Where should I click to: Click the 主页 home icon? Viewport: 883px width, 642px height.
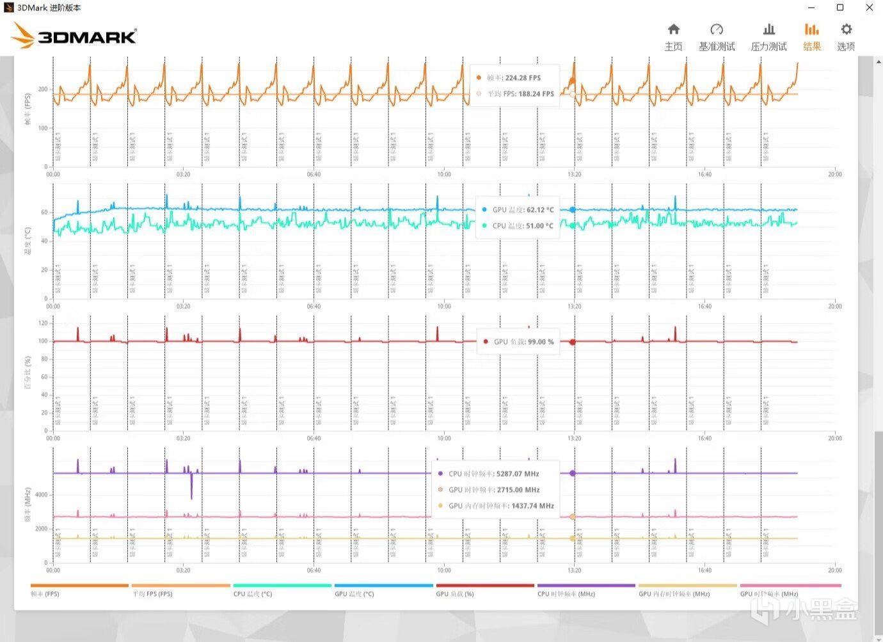673,29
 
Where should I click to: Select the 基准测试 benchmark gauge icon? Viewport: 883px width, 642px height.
717,29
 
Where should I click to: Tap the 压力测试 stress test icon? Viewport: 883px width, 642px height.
768,29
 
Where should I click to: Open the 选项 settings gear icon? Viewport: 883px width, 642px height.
846,29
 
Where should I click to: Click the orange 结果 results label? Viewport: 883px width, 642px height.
812,47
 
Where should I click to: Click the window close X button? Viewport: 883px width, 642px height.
869,8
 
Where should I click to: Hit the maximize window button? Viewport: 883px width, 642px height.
840,8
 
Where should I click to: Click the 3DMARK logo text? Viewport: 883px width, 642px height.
87,37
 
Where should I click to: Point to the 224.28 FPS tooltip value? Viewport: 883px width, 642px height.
523,78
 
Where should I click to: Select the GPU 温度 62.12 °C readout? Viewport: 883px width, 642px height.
540,210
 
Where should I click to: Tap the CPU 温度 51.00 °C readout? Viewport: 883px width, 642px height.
540,226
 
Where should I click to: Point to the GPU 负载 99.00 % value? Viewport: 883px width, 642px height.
541,342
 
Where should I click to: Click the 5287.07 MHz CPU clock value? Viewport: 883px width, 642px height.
518,474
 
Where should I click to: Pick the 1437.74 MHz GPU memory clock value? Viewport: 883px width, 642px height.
532,506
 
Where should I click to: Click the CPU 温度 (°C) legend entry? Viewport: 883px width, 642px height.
253,594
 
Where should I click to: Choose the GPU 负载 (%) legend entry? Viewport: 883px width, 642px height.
455,594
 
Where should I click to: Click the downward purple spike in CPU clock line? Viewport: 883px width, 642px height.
191,490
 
